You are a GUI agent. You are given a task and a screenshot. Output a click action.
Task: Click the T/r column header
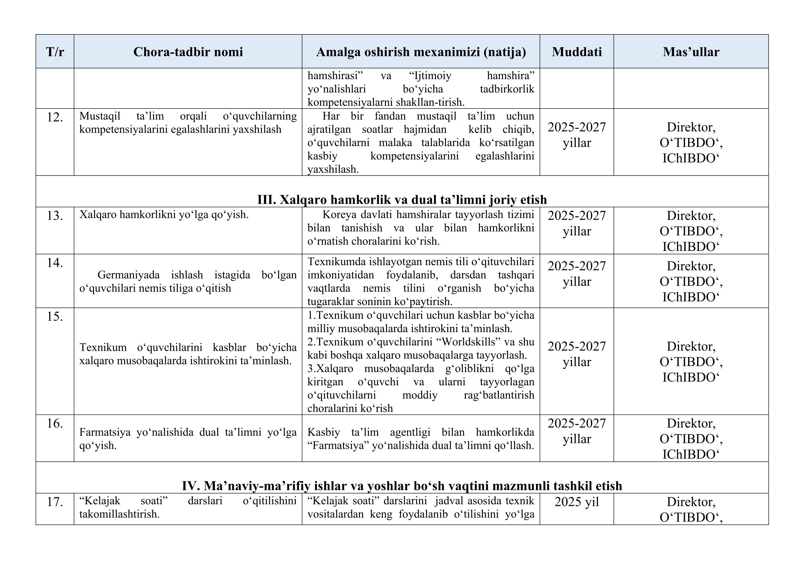click(55, 52)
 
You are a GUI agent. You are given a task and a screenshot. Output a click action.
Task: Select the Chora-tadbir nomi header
click(188, 52)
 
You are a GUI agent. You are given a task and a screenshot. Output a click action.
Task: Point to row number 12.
click(55, 117)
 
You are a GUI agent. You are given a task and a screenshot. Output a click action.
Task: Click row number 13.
click(55, 216)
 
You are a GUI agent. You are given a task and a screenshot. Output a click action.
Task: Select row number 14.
click(55, 263)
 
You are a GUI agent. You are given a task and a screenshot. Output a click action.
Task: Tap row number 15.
click(55, 316)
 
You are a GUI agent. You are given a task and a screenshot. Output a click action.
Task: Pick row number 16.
click(55, 423)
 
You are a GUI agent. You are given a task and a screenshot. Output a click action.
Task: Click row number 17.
click(55, 502)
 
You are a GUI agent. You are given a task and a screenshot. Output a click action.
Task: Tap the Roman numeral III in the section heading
click(266, 200)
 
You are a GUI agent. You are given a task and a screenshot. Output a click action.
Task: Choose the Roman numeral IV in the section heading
click(191, 486)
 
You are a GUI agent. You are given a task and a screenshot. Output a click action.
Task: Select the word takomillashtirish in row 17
click(119, 514)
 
